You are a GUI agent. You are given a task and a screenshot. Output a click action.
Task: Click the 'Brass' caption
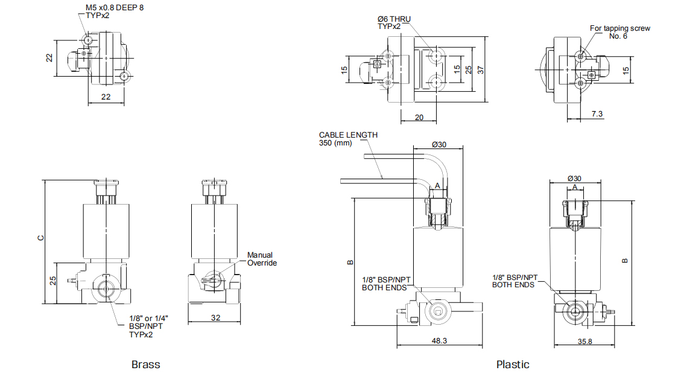pos(145,365)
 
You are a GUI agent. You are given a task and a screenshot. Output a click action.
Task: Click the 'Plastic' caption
pos(513,365)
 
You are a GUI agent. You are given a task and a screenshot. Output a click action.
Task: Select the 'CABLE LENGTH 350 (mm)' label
pos(348,139)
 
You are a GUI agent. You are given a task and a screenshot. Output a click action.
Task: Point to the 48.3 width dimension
pos(440,341)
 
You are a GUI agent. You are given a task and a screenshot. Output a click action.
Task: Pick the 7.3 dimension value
pos(597,114)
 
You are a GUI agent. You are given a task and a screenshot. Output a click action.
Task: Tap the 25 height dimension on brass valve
pos(52,281)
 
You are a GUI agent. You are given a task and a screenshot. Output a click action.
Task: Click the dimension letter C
pos(40,238)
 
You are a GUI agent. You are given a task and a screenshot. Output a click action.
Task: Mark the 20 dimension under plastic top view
pos(419,118)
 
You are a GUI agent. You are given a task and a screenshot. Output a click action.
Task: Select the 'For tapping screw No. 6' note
pos(619,32)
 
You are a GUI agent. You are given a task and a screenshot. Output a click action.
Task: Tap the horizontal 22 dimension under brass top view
pos(106,97)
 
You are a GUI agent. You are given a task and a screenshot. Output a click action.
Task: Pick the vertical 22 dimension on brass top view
pos(49,58)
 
